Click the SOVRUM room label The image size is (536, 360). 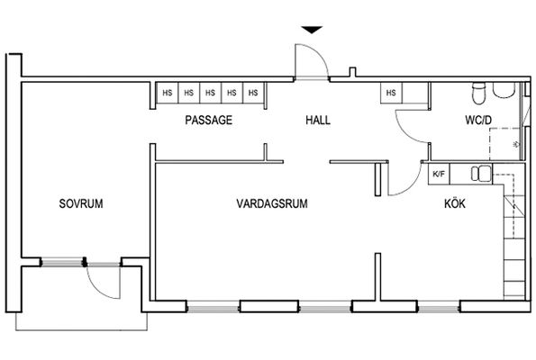tap(81, 203)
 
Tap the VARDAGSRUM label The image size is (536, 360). tap(272, 203)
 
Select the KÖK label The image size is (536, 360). tap(455, 203)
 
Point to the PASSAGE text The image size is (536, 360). tap(208, 120)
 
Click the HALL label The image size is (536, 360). tap(318, 120)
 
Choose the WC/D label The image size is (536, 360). tap(478, 120)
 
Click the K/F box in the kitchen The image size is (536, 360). tap(439, 175)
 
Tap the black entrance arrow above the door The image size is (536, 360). tap(312, 30)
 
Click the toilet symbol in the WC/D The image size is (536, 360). tap(478, 93)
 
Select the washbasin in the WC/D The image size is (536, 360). tap(504, 91)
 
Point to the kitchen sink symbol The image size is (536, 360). tap(481, 174)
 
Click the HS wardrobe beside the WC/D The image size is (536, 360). tap(391, 93)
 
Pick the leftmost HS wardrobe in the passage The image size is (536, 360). tap(168, 93)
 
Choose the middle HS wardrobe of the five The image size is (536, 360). tap(210, 93)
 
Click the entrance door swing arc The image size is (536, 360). tap(322, 56)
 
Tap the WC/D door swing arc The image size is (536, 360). tap(405, 132)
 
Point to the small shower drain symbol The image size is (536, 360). tap(516, 144)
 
